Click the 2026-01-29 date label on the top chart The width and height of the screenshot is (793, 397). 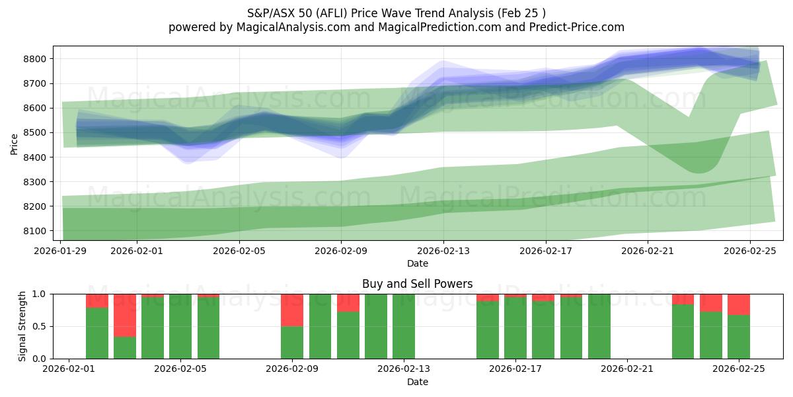(x=61, y=251)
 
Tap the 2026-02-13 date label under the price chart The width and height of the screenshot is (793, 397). (x=443, y=251)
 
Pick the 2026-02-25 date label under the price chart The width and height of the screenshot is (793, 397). (x=749, y=251)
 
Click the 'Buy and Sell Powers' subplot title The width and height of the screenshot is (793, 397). (x=417, y=284)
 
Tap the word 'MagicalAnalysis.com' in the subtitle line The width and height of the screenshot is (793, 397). (x=291, y=27)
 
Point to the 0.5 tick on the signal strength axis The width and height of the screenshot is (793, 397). (x=38, y=326)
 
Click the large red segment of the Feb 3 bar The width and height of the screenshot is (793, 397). (x=125, y=315)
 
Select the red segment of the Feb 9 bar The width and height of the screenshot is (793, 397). (x=292, y=310)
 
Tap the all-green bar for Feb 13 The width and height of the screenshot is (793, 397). (x=404, y=326)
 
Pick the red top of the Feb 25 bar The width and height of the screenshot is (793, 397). (x=739, y=304)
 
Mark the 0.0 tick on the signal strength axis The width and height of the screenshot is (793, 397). (x=38, y=359)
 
